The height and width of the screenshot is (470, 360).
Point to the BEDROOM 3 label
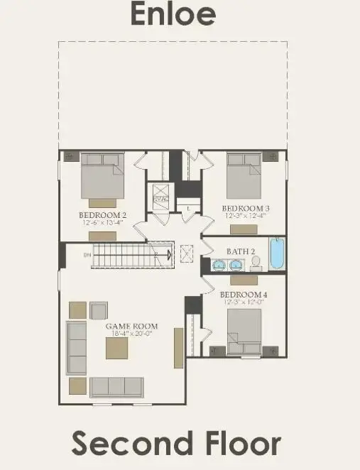[247, 208]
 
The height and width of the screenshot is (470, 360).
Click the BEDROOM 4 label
[244, 295]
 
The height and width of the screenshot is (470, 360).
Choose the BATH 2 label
[240, 251]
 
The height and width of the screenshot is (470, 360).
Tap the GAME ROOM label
[131, 327]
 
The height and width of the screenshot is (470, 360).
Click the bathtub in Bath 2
[276, 254]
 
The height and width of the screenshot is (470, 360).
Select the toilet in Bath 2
[256, 264]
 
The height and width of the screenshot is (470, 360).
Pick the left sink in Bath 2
[219, 265]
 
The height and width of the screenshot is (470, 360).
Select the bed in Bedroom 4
[244, 332]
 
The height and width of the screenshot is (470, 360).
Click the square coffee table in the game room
[117, 348]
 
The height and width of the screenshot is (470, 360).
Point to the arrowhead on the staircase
[169, 253]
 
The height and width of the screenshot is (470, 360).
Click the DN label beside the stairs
[87, 253]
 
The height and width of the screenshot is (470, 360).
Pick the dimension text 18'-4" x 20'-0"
[131, 334]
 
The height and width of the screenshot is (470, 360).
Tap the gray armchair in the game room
[99, 310]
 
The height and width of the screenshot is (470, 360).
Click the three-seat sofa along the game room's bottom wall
[116, 387]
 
